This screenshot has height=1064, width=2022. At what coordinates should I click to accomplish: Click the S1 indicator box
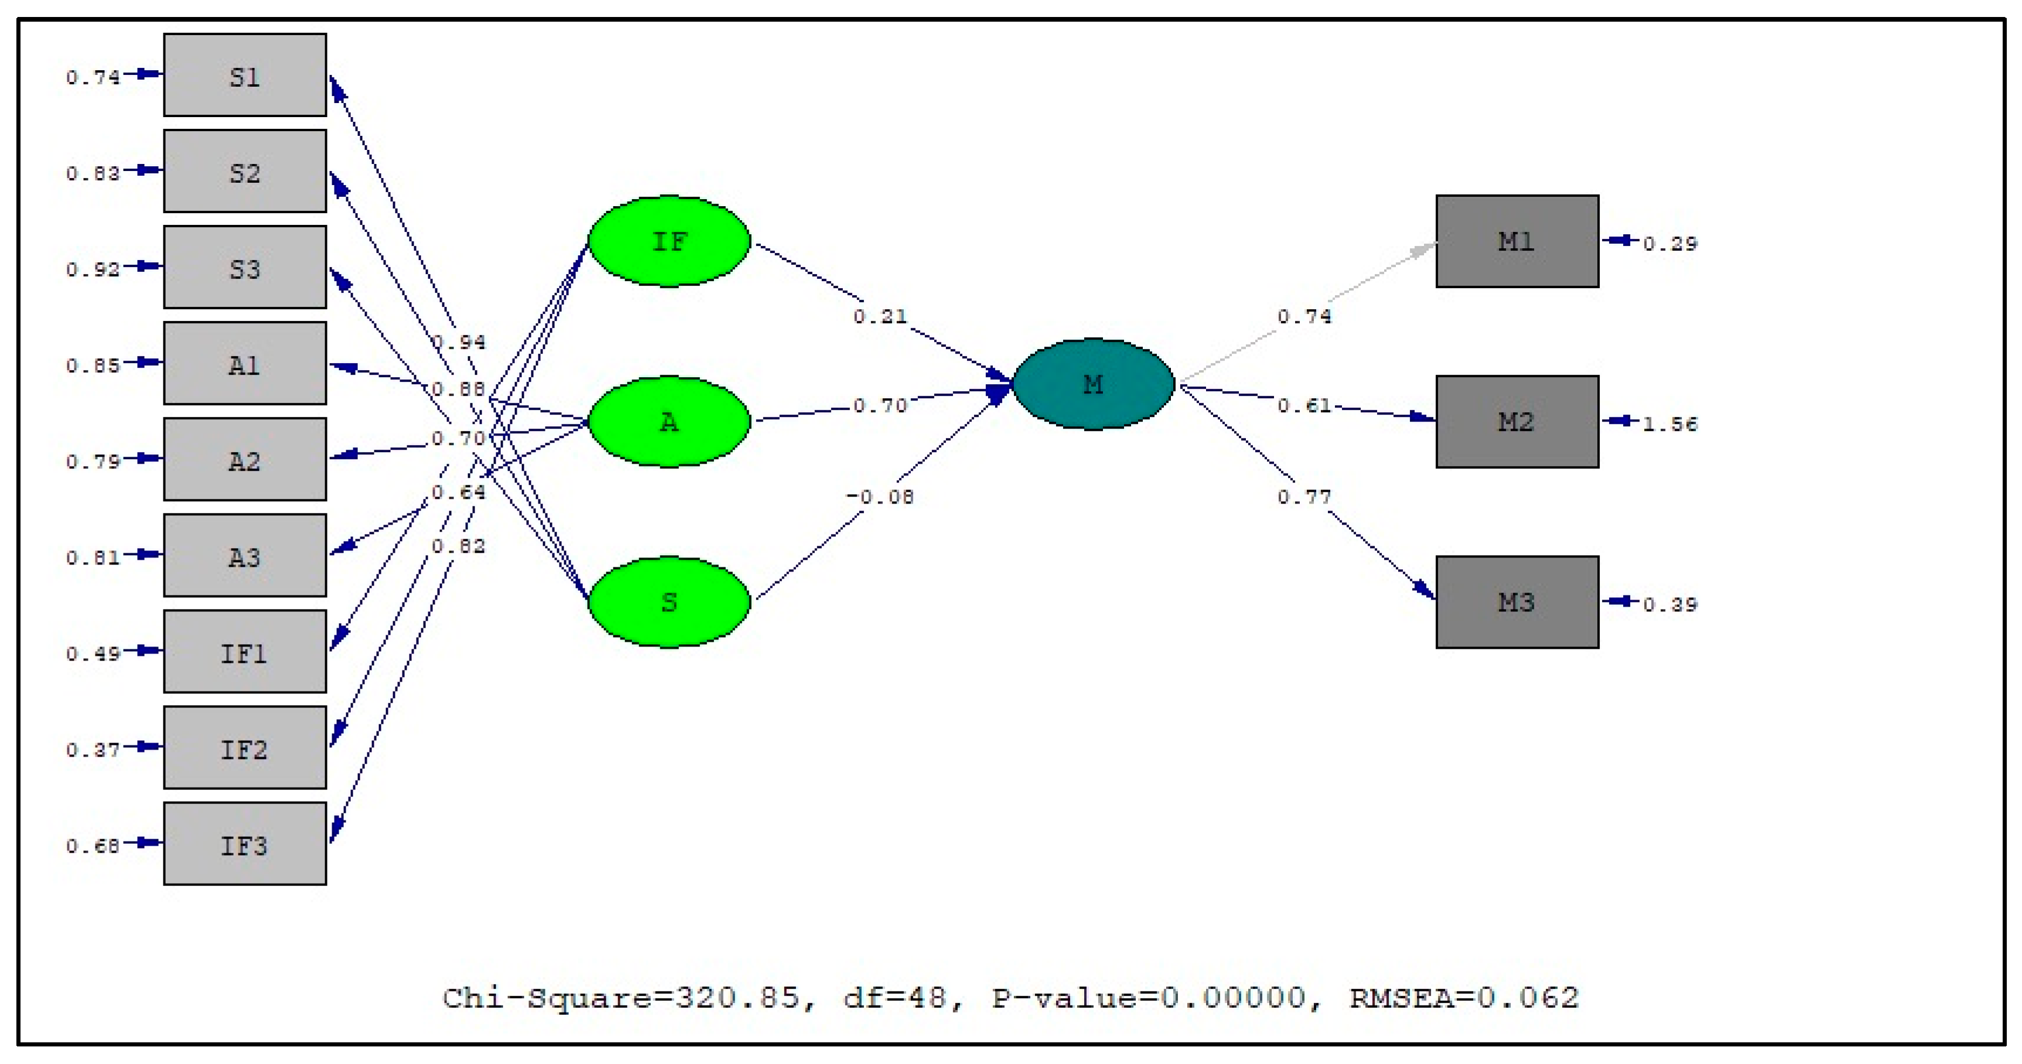[x=244, y=76]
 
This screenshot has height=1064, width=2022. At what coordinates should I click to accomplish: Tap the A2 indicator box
[x=244, y=460]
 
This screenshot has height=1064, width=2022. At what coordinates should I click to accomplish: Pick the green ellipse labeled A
[x=669, y=422]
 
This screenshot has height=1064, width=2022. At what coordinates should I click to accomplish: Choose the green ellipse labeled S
[x=669, y=602]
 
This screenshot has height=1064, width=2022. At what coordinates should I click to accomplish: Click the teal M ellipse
[x=1092, y=385]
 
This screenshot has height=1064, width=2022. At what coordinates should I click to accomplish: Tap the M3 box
[x=1516, y=602]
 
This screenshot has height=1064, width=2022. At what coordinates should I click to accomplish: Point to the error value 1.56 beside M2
[x=1669, y=425]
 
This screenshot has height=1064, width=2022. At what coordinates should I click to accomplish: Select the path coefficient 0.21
[x=880, y=317]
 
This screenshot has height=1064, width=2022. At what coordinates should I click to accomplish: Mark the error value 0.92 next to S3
[x=93, y=270]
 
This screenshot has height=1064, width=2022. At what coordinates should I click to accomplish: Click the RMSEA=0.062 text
[x=1463, y=998]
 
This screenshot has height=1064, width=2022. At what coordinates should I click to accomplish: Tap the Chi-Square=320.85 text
[x=620, y=998]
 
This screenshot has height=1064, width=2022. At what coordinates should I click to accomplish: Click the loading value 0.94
[x=459, y=342]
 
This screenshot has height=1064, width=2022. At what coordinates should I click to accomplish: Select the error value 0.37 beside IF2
[x=93, y=750]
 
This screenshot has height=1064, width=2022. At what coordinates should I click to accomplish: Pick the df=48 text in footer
[x=895, y=998]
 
